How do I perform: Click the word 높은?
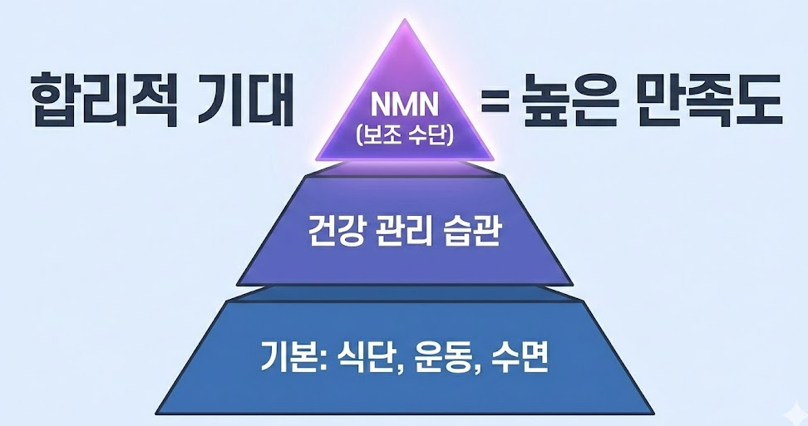click(x=565, y=100)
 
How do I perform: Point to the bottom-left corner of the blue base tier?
click(x=157, y=410)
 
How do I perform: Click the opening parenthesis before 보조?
click(x=359, y=135)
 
